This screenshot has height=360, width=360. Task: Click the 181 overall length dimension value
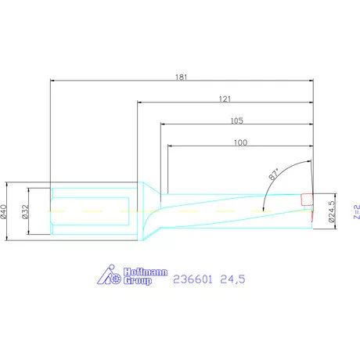[x=181, y=77]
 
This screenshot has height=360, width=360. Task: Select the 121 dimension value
[x=225, y=99]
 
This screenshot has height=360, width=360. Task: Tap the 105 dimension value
[x=236, y=121]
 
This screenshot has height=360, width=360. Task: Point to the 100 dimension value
[x=240, y=142]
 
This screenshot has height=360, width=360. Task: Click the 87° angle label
[x=274, y=174]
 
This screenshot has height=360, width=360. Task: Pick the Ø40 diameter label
[x=3, y=211]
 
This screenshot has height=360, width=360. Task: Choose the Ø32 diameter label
[x=25, y=211]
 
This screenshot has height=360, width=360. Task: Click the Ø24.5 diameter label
[x=332, y=211]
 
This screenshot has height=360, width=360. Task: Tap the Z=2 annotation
[x=357, y=211]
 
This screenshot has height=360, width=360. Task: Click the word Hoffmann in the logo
[x=146, y=272]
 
